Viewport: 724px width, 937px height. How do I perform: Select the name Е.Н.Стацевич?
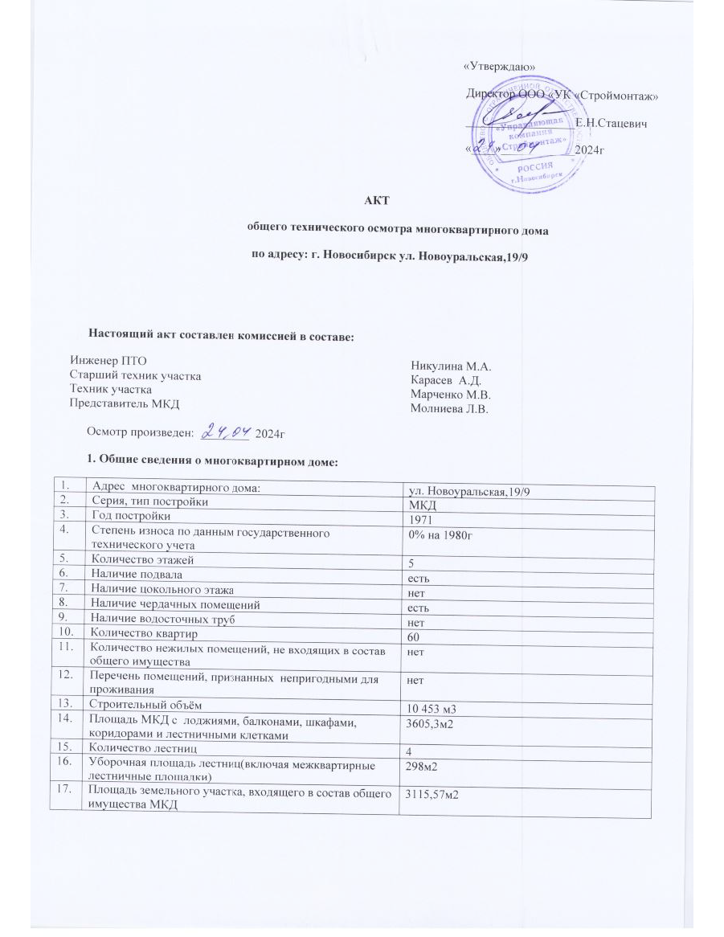pos(612,123)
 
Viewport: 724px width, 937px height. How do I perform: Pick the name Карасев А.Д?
pos(445,380)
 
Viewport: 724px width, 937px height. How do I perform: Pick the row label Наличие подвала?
pos(137,575)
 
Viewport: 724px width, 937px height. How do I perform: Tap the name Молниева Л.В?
pos(450,409)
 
